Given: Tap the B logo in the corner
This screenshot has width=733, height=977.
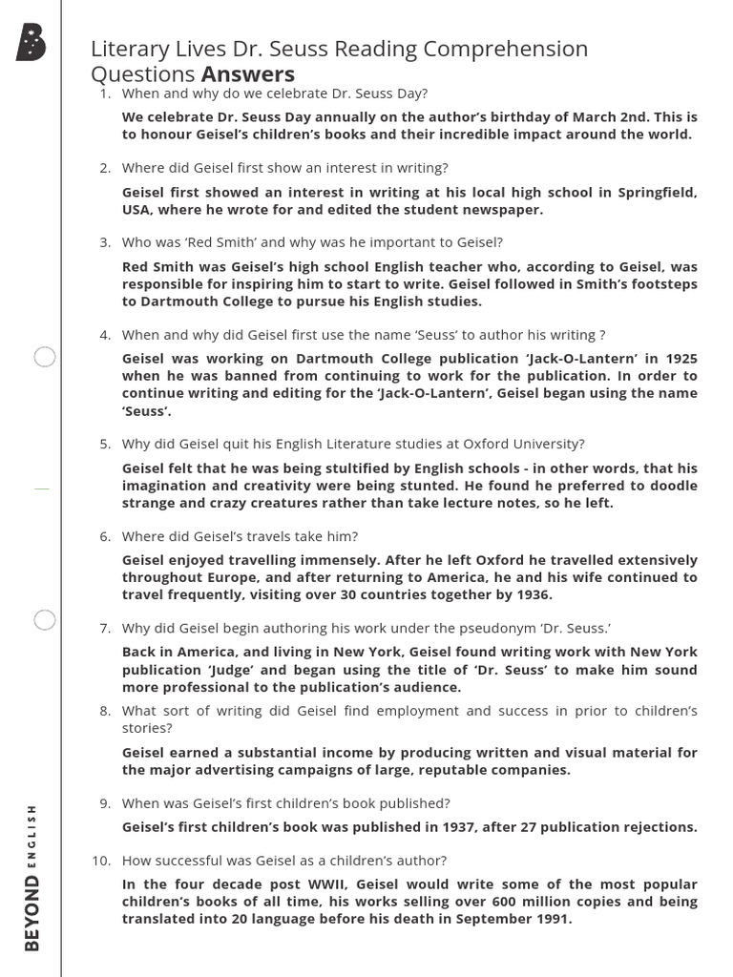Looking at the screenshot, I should pos(31,44).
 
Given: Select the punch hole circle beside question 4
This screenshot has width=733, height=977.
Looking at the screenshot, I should pos(45,358).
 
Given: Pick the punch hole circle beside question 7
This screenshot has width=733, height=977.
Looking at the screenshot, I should pos(45,620).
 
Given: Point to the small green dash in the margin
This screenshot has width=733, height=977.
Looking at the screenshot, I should pos(41,488).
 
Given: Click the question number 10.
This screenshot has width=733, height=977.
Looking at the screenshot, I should pos(102,861).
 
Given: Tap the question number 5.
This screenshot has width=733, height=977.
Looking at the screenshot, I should pos(106,444).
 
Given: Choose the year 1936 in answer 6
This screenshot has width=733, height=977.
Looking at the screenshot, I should pos(533,594).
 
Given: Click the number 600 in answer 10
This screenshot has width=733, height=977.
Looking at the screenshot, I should pos(498,902).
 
